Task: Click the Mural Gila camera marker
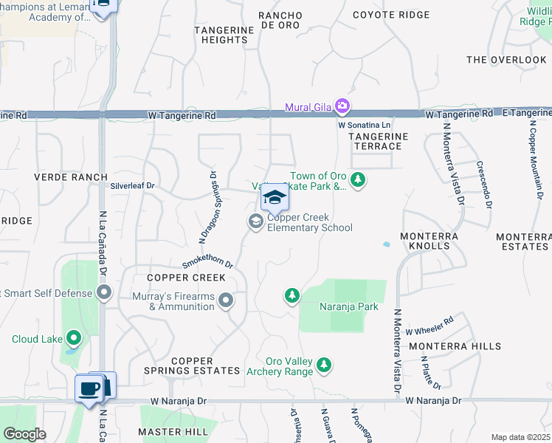(x=342, y=107)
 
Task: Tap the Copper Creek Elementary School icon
(x=256, y=221)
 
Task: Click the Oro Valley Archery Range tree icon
(x=323, y=364)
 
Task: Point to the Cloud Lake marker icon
(x=73, y=339)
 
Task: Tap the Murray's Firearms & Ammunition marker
(x=226, y=300)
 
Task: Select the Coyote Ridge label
(x=391, y=15)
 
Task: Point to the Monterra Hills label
(x=455, y=346)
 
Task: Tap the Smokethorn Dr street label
(x=208, y=264)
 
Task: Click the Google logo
(x=24, y=434)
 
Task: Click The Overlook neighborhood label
(x=506, y=60)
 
